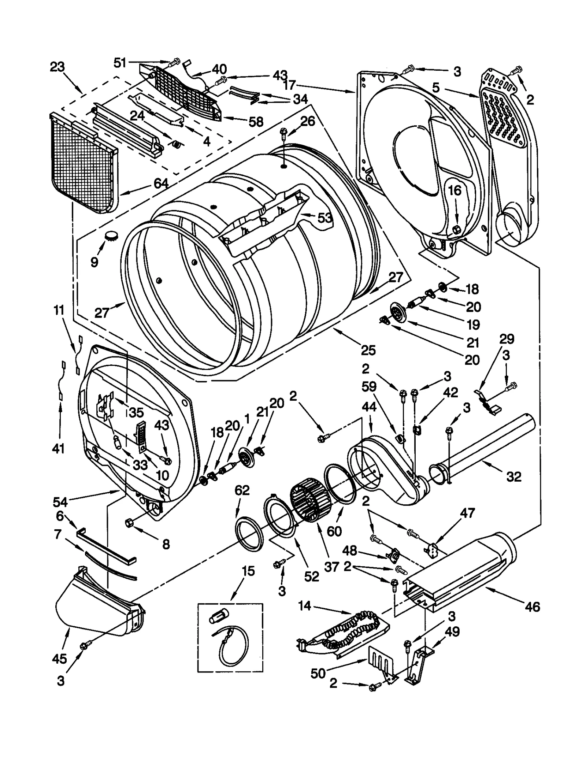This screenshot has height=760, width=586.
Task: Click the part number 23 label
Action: coord(58,67)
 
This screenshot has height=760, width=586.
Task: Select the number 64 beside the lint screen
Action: coord(161,183)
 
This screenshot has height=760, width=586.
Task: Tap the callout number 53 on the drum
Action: coord(324,218)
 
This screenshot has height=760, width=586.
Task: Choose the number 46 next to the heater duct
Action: coord(532,607)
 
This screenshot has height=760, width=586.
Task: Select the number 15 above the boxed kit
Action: coord(248,571)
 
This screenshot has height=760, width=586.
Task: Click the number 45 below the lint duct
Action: coord(59,659)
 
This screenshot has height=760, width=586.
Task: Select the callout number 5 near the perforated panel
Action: coord(435,88)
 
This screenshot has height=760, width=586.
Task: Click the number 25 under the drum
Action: coord(368,350)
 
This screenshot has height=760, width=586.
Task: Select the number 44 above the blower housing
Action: coord(369,407)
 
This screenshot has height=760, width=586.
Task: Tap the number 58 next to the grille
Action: coord(256,122)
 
